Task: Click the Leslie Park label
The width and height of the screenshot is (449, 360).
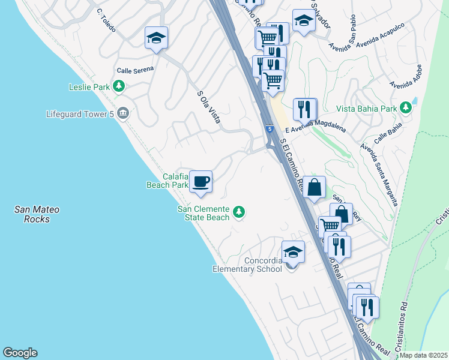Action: (x=89, y=87)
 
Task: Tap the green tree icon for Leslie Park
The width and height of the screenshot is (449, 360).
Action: (x=119, y=87)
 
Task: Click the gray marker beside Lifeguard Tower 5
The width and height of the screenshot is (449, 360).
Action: (x=123, y=113)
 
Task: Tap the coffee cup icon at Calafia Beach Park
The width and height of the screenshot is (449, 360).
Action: (x=200, y=181)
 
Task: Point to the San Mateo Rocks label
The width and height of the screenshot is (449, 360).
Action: (x=37, y=214)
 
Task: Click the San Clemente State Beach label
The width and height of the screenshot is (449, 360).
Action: (x=203, y=213)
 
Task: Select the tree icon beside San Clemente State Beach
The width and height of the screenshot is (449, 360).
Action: (x=239, y=212)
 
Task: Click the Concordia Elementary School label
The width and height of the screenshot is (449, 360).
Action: (x=247, y=265)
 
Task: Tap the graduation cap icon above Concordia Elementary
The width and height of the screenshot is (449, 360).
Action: (x=293, y=251)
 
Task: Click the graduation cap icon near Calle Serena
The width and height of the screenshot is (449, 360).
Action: (x=156, y=38)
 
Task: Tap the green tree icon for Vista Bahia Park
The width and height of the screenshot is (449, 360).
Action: (x=406, y=108)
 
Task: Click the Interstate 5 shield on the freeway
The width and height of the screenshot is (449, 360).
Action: (x=271, y=128)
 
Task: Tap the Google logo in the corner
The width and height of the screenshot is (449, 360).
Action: (x=20, y=353)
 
